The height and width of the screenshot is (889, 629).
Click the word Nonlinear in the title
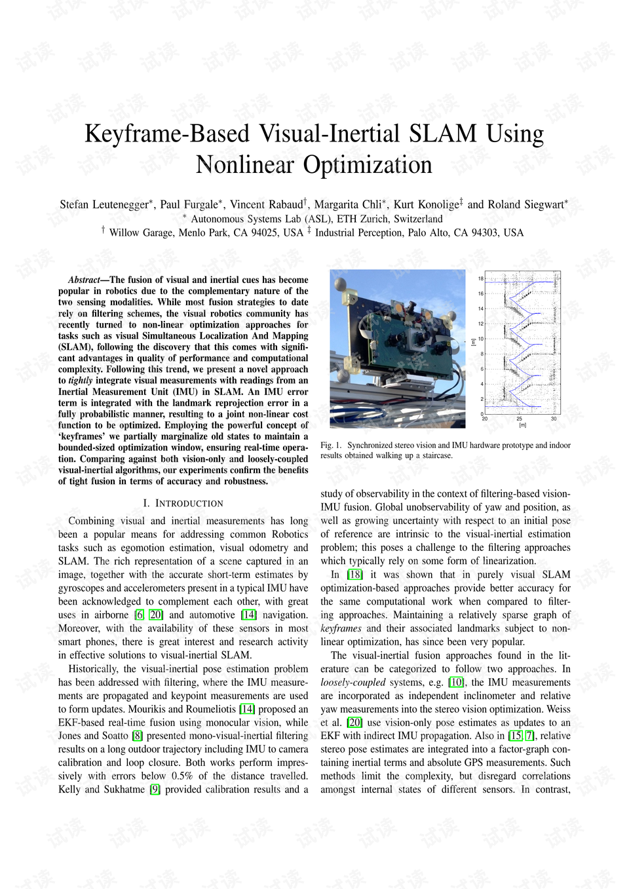tap(244, 164)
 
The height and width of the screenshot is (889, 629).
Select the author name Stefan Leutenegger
tap(104, 204)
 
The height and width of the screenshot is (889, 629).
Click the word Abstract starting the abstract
tap(83, 280)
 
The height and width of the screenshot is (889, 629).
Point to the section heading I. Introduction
tap(183, 503)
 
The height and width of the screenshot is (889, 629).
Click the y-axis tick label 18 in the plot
tap(480, 278)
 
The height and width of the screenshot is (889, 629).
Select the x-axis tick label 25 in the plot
tap(520, 419)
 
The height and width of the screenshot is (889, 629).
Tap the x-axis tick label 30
tap(554, 419)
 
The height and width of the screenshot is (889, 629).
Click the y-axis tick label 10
tap(480, 339)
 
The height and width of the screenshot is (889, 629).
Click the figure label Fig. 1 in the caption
tap(330, 445)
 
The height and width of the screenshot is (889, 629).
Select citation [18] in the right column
tap(354, 575)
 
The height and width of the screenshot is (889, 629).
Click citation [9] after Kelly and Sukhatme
tap(155, 789)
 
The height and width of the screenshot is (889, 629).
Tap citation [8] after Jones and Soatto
tap(137, 736)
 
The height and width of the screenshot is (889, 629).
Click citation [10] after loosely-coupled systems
tap(456, 682)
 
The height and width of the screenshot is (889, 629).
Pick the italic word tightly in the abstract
tap(80, 381)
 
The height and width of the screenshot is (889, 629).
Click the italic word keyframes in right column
tap(341, 628)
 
